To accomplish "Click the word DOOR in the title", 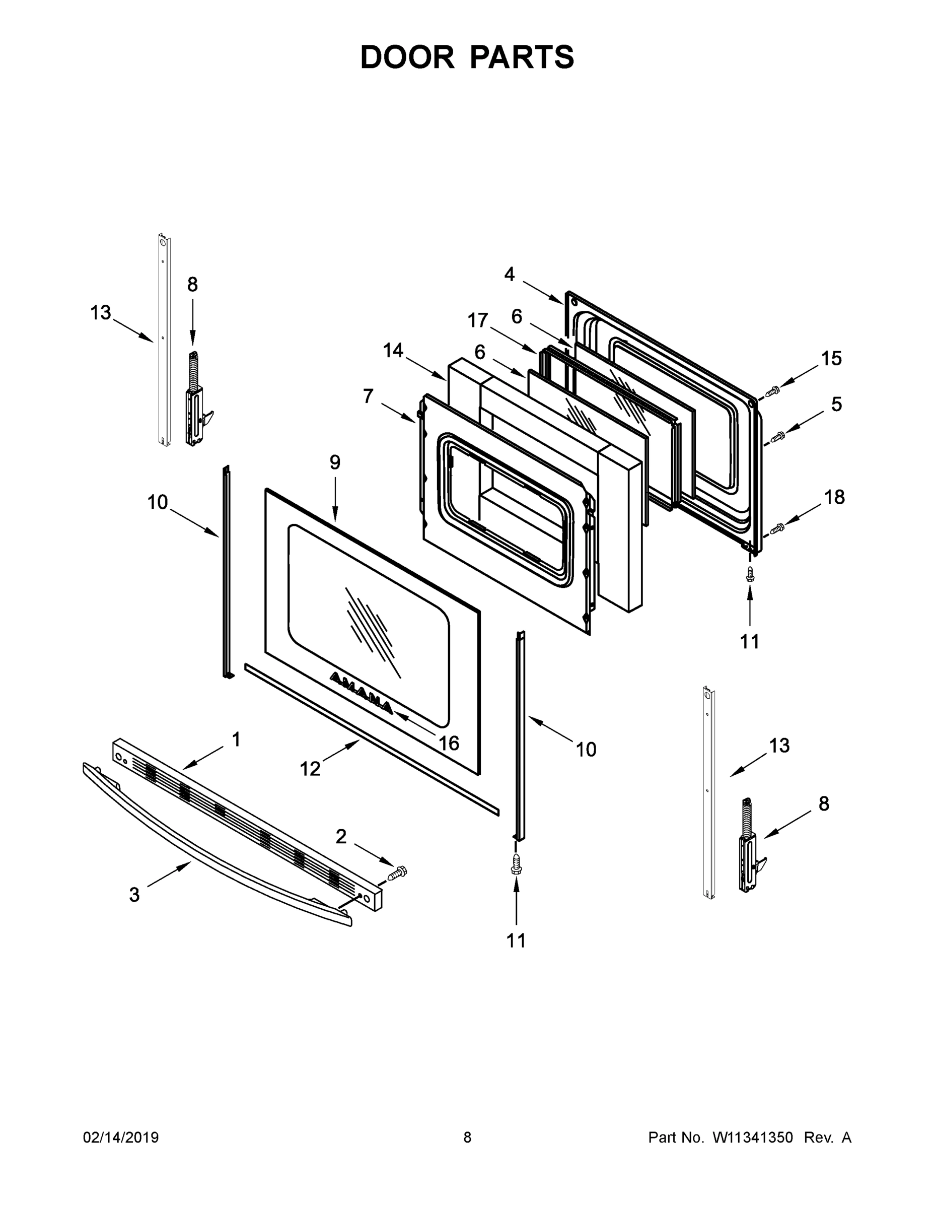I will coord(407,57).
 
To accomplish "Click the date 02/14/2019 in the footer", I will coord(121,1137).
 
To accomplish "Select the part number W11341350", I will coord(753,1137).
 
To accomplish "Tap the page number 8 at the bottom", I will coord(467,1137).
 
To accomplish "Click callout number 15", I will coord(831,359).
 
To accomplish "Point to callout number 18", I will coord(834,497).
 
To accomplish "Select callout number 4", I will coord(509,274).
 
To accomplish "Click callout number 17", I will coord(477,320).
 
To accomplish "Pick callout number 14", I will coord(393,351).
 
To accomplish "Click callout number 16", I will coord(449,743).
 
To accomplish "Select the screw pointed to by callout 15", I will coord(772,392).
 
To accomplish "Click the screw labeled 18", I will coord(778,527).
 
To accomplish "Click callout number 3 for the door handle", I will coord(134,895).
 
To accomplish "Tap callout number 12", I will coord(310,768).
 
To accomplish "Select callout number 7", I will coord(368,396).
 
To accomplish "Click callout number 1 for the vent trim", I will coord(236,739).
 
